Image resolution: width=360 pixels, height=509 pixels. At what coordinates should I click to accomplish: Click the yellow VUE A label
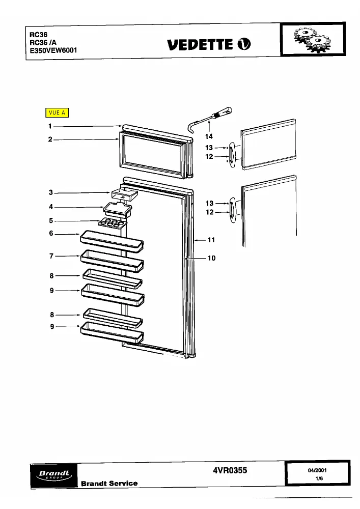(57, 112)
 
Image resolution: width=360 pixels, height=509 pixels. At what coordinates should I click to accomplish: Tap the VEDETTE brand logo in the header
(209, 44)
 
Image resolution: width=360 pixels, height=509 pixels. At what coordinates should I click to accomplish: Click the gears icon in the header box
(312, 40)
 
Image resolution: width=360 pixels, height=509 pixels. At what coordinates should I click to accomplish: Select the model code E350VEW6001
(53, 50)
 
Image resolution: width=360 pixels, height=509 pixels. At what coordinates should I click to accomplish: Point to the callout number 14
(209, 136)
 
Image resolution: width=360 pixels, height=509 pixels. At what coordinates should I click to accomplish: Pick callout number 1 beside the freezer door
(50, 126)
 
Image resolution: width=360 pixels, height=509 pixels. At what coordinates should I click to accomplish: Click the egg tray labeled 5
(112, 223)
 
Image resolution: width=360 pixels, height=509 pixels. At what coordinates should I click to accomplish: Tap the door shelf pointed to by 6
(112, 241)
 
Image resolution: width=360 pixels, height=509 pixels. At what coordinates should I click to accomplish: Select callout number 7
(51, 256)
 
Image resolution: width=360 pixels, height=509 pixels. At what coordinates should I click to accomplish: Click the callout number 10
(212, 258)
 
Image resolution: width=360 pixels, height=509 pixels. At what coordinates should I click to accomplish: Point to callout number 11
(211, 240)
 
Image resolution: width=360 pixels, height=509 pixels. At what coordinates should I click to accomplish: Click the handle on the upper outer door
(232, 155)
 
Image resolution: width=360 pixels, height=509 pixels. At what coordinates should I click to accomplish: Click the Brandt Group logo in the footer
(54, 475)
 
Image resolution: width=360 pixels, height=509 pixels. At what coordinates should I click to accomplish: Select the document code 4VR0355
(230, 470)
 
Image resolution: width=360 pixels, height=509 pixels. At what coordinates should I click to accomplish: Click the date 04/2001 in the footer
(317, 470)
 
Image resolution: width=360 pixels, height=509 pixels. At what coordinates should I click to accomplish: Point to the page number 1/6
(319, 478)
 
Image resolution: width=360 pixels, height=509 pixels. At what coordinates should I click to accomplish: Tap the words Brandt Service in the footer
(109, 484)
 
